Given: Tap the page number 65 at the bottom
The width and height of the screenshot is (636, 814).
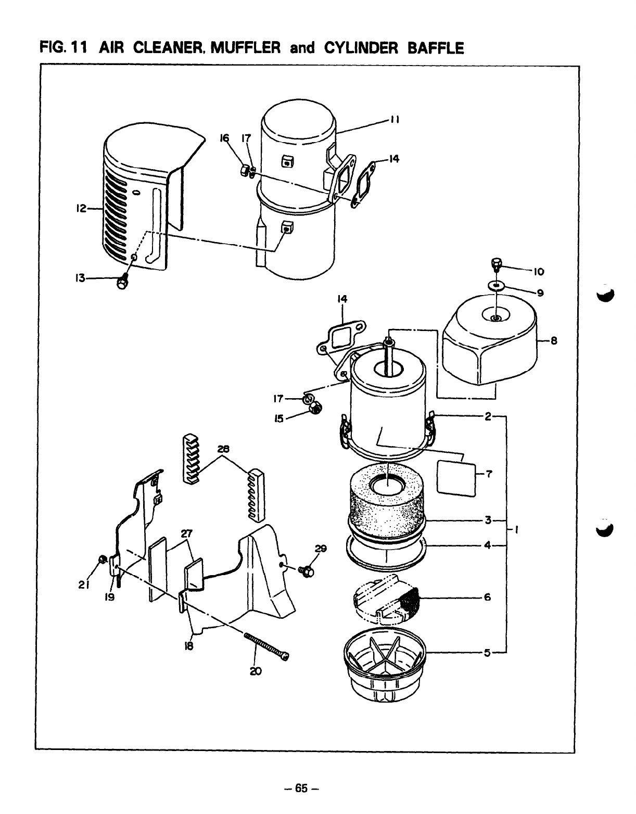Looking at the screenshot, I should (302, 788).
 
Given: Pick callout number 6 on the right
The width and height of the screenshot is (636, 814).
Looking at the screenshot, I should (487, 597).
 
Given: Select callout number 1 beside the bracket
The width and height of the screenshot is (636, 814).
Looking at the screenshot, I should (516, 530).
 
